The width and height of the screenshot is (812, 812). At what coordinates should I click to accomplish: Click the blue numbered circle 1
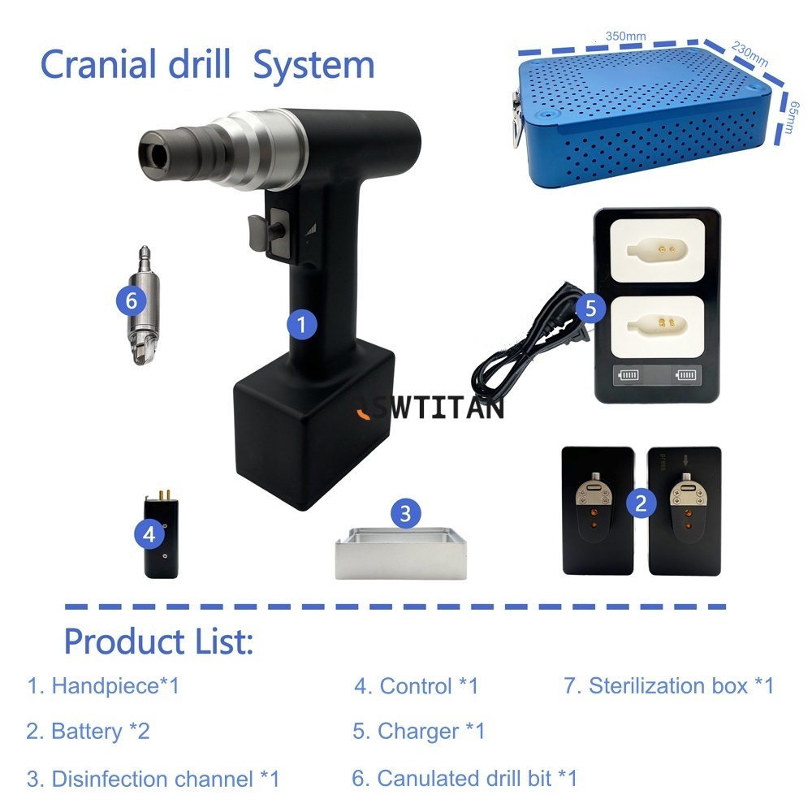click(302, 325)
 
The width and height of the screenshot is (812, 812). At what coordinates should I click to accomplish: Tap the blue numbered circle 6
click(131, 300)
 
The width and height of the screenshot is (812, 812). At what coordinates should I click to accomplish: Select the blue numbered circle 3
click(405, 514)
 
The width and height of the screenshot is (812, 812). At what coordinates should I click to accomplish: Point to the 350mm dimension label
click(625, 37)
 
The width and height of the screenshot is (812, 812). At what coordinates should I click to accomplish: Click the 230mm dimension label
click(749, 54)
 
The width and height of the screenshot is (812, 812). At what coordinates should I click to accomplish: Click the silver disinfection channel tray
click(401, 554)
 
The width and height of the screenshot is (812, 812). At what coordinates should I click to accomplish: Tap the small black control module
click(161, 535)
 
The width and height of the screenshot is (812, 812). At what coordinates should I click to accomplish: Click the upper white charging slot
click(657, 251)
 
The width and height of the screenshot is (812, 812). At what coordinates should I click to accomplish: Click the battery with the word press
click(684, 511)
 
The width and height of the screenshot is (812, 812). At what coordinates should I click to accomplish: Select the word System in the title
click(313, 65)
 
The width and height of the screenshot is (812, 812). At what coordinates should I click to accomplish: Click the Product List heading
click(158, 641)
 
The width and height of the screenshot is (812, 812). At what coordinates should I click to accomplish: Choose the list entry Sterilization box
click(668, 685)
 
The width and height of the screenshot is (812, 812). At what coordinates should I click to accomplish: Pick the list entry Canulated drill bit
click(464, 779)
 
